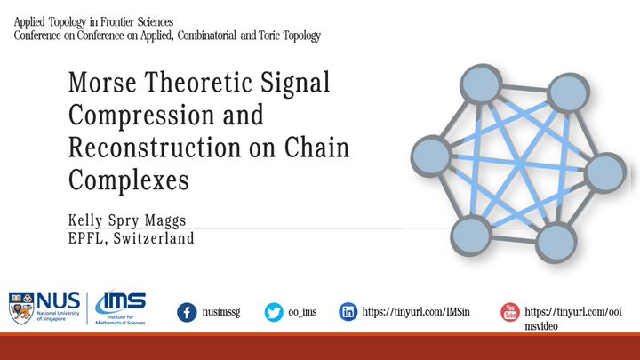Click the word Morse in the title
[102, 84]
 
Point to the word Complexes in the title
[129, 179]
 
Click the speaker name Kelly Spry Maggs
[127, 220]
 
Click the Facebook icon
[187, 312]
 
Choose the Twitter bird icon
[274, 312]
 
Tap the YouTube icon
[509, 312]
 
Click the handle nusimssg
[226, 313]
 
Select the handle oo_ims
[303, 313]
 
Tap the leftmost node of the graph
[433, 155]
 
